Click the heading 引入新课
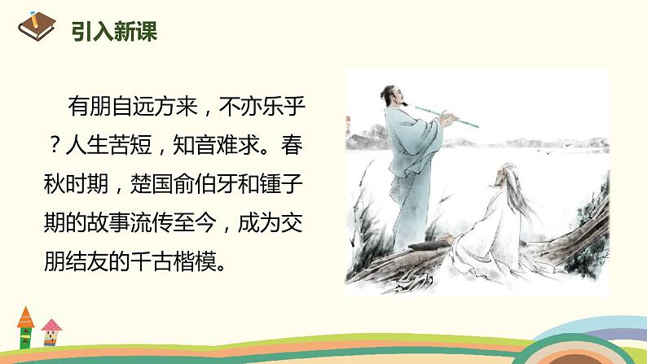point(113,32)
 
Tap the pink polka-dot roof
point(51,327)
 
